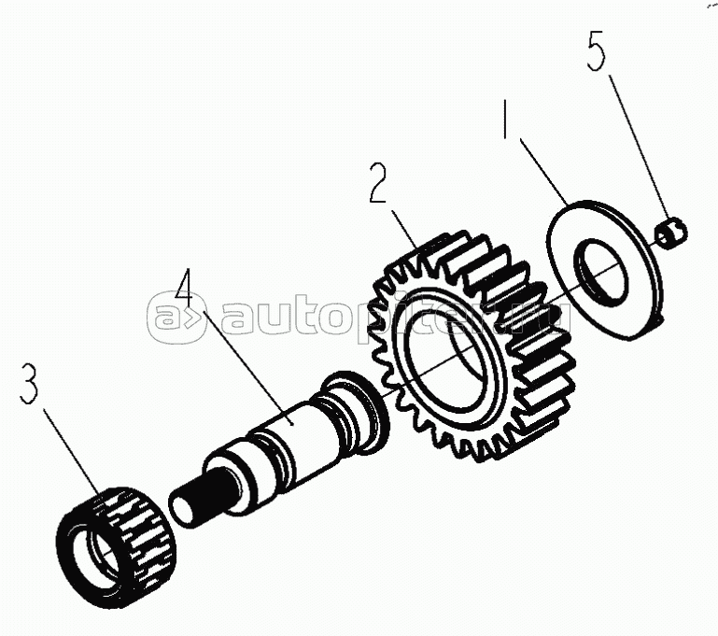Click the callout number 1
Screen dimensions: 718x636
pyautogui.click(x=505, y=119)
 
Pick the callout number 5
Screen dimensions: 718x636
pyautogui.click(x=597, y=50)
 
